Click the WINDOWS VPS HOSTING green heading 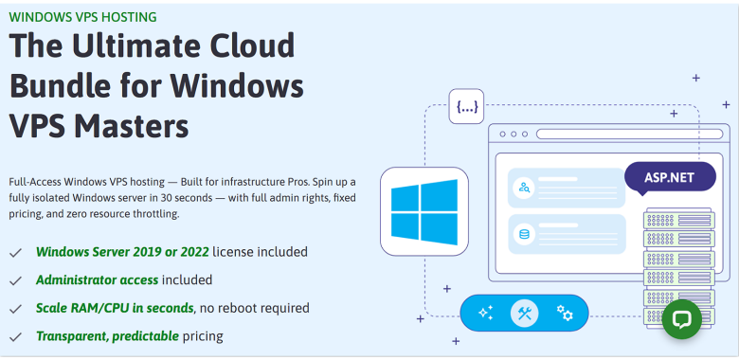pos(83,17)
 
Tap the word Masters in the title pos(132,126)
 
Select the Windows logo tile pos(424,211)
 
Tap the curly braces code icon pos(466,107)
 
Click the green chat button pos(681,319)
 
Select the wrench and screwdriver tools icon pos(524,313)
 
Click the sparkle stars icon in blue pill pos(486,313)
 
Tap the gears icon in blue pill pos(565,313)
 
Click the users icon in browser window pos(524,188)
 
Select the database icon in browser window pos(524,233)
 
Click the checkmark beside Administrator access pos(16,281)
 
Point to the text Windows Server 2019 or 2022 pos(122,252)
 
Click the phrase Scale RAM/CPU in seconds pos(115,308)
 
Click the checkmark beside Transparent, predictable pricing pos(16,336)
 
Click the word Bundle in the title pos(67,86)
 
